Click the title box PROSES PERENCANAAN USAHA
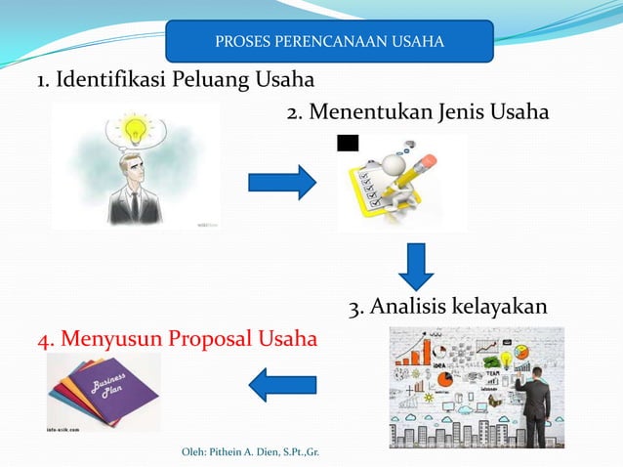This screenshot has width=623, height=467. [x=329, y=41]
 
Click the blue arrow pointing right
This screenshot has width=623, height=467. [x=281, y=183]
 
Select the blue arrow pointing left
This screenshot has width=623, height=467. [x=282, y=383]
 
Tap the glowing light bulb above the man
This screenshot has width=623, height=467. [x=131, y=128]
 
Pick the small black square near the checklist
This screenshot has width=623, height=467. [x=347, y=144]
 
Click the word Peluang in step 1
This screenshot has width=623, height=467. [x=210, y=79]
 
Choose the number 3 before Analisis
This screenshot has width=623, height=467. [x=354, y=309]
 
